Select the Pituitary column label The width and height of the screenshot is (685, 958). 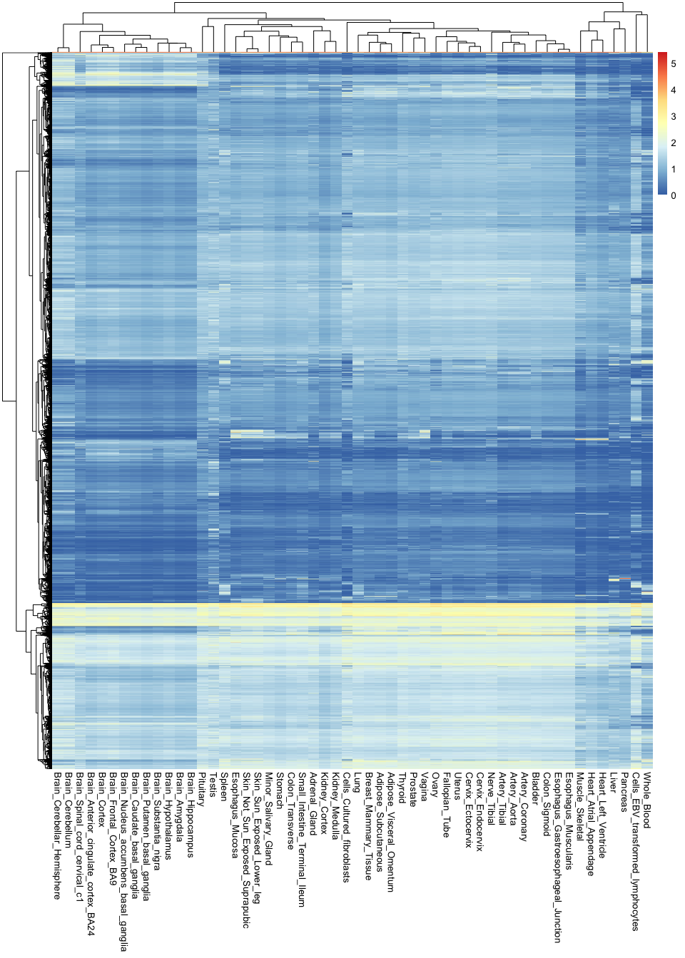click(x=202, y=788)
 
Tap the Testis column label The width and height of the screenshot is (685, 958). click(x=213, y=783)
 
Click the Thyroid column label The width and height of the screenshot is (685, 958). click(x=402, y=786)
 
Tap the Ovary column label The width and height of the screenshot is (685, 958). click(x=435, y=785)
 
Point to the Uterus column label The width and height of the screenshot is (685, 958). click(x=458, y=786)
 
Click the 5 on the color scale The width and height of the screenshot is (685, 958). click(x=673, y=64)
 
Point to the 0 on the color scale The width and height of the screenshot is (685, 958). click(x=673, y=195)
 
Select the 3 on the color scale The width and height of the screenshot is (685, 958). click(x=673, y=117)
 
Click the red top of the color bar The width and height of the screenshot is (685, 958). click(x=663, y=56)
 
